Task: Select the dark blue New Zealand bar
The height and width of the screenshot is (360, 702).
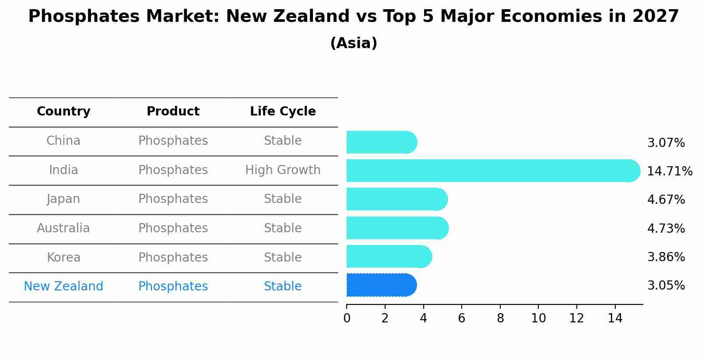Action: (x=381, y=285)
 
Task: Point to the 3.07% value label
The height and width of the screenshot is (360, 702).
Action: (x=666, y=143)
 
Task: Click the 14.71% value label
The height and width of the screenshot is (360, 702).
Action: (x=669, y=171)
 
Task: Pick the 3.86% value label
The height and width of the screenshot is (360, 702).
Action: (x=666, y=257)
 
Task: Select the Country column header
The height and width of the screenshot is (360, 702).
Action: (x=63, y=112)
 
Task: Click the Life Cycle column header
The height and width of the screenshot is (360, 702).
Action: (x=283, y=112)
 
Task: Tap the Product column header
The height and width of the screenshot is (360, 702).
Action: (x=173, y=112)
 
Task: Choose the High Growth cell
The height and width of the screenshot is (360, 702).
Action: (x=283, y=170)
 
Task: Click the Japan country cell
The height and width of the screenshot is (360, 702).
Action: (x=63, y=199)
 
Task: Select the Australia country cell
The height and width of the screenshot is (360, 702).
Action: (x=63, y=228)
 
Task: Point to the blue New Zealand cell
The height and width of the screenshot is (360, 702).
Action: (x=63, y=287)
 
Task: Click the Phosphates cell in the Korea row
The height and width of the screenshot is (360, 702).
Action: (x=173, y=258)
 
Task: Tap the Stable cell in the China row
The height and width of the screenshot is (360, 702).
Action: (x=283, y=141)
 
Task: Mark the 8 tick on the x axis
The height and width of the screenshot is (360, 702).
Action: (x=500, y=318)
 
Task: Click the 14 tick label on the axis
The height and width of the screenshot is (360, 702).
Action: (x=615, y=318)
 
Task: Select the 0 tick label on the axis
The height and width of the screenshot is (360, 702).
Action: (x=347, y=318)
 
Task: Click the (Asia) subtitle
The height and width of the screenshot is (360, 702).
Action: (x=354, y=43)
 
